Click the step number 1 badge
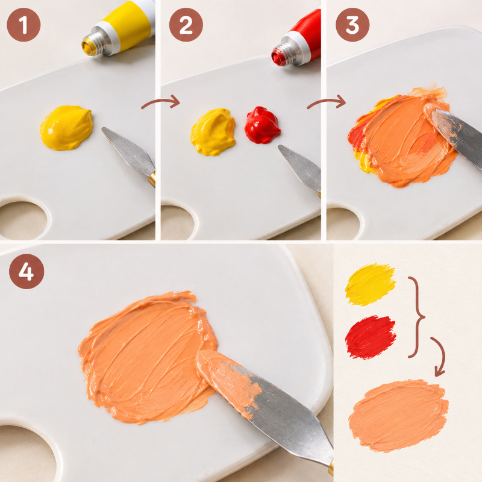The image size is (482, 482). click(23, 25)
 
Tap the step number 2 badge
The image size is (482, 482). click(186, 25)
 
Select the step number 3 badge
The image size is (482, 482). click(352, 25)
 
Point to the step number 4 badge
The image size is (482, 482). click(27, 272)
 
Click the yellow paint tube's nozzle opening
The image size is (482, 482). click(87, 48)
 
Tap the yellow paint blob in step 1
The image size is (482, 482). click(66, 128)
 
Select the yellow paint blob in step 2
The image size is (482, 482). click(213, 131)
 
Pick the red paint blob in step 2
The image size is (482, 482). click(262, 125)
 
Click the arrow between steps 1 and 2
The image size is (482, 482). click(160, 102)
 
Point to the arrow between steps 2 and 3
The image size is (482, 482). click(326, 102)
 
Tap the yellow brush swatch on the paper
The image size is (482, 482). click(371, 284)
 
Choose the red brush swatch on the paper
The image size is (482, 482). click(371, 337)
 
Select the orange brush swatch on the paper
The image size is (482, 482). click(398, 416)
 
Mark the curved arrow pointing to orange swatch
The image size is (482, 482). click(442, 355)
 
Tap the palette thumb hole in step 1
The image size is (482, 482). click(22, 220)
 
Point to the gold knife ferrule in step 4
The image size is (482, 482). click(331, 468)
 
